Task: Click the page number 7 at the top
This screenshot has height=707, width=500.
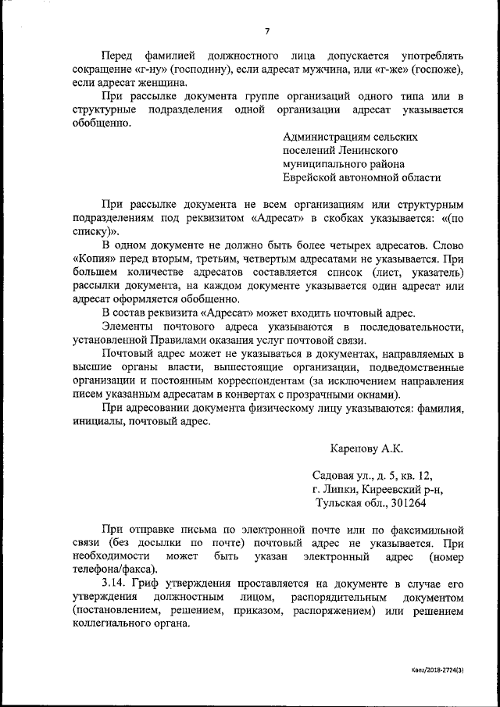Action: point(266,30)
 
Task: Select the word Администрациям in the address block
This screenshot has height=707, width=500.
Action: point(320,136)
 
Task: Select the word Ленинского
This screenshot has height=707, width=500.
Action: point(370,150)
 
